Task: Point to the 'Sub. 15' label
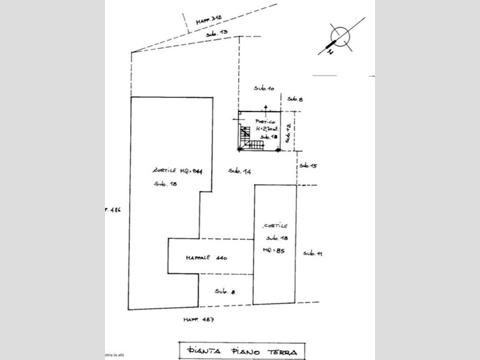tap(308, 165)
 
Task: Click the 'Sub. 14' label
tap(239, 172)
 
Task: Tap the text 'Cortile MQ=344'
tap(178, 170)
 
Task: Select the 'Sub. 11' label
tap(313, 254)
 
